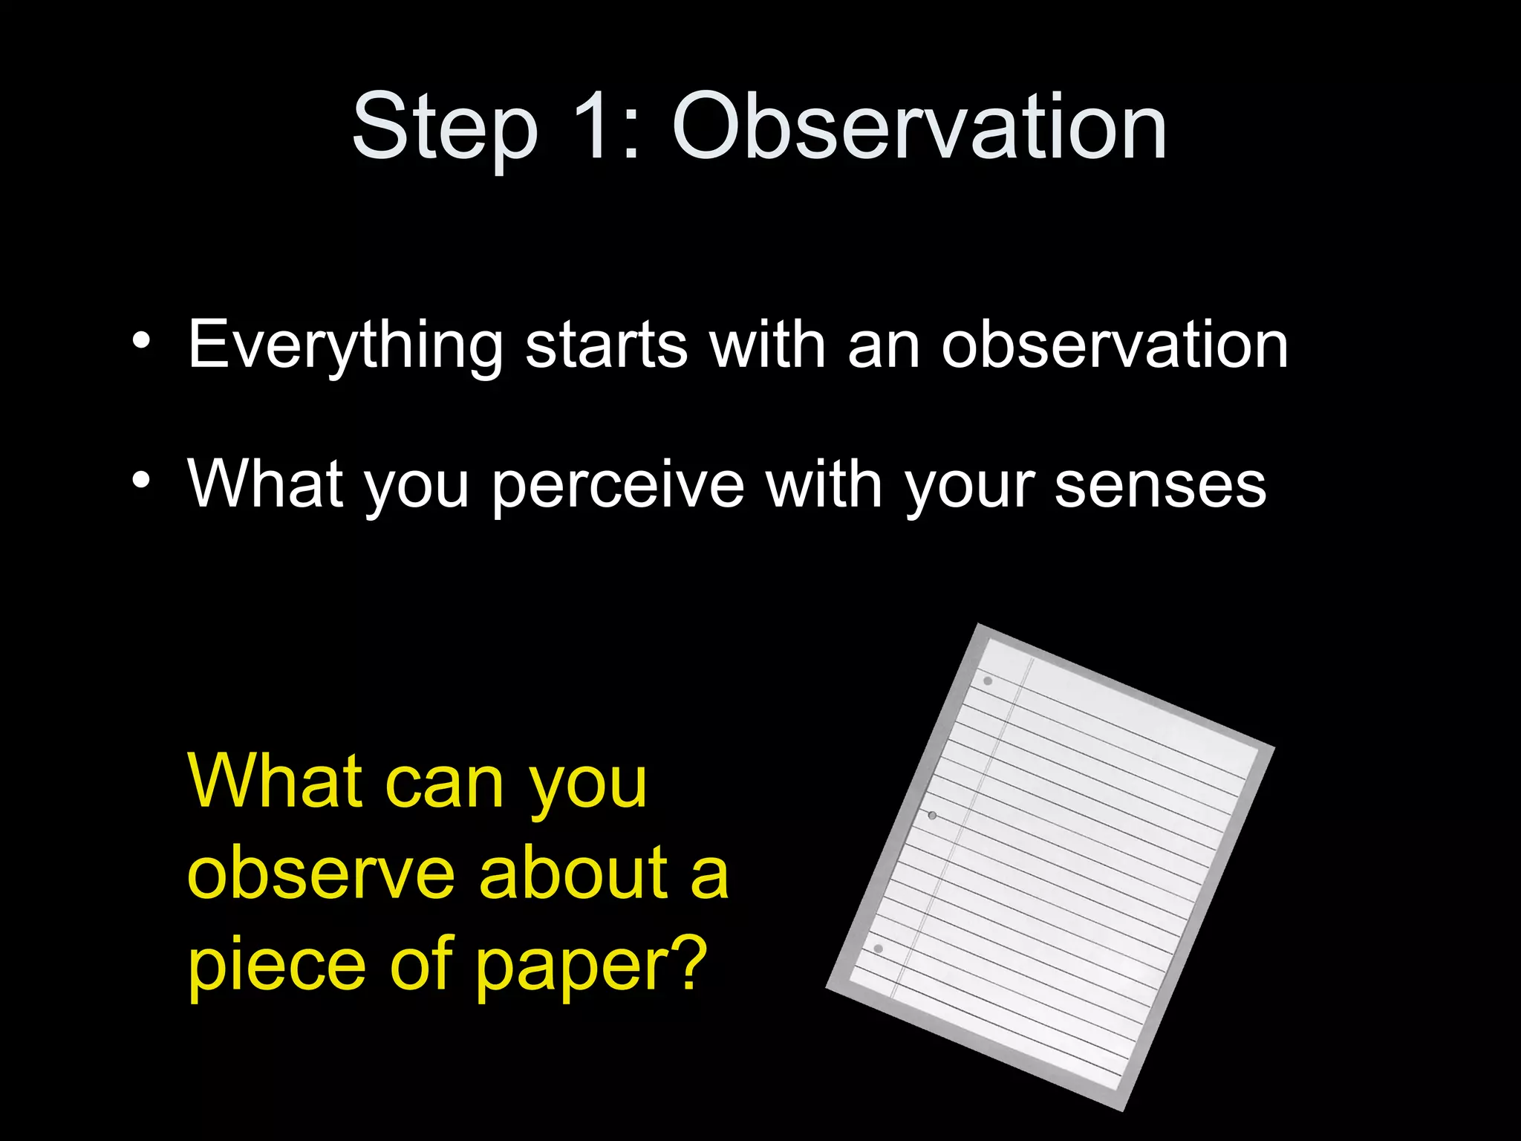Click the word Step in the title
[444, 128]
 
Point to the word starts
[606, 345]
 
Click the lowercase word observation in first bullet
[1114, 345]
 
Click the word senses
[1160, 485]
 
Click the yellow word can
[444, 784]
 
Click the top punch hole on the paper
[988, 680]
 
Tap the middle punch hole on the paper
[932, 815]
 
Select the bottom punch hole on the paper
[879, 949]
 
